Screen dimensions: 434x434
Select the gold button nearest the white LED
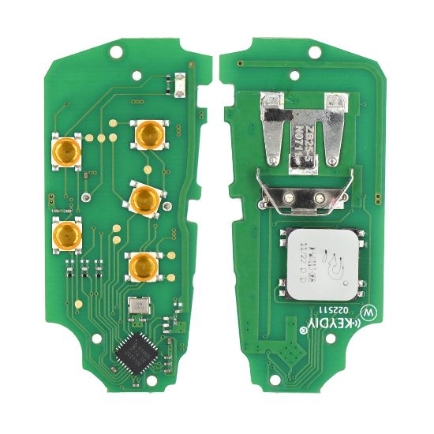147,135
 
